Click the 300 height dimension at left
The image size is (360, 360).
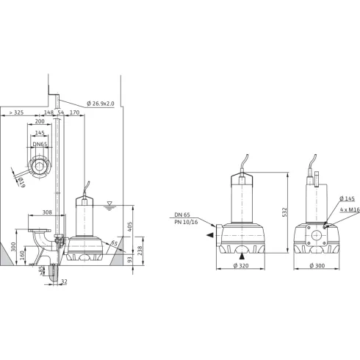click(x=12, y=245)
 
